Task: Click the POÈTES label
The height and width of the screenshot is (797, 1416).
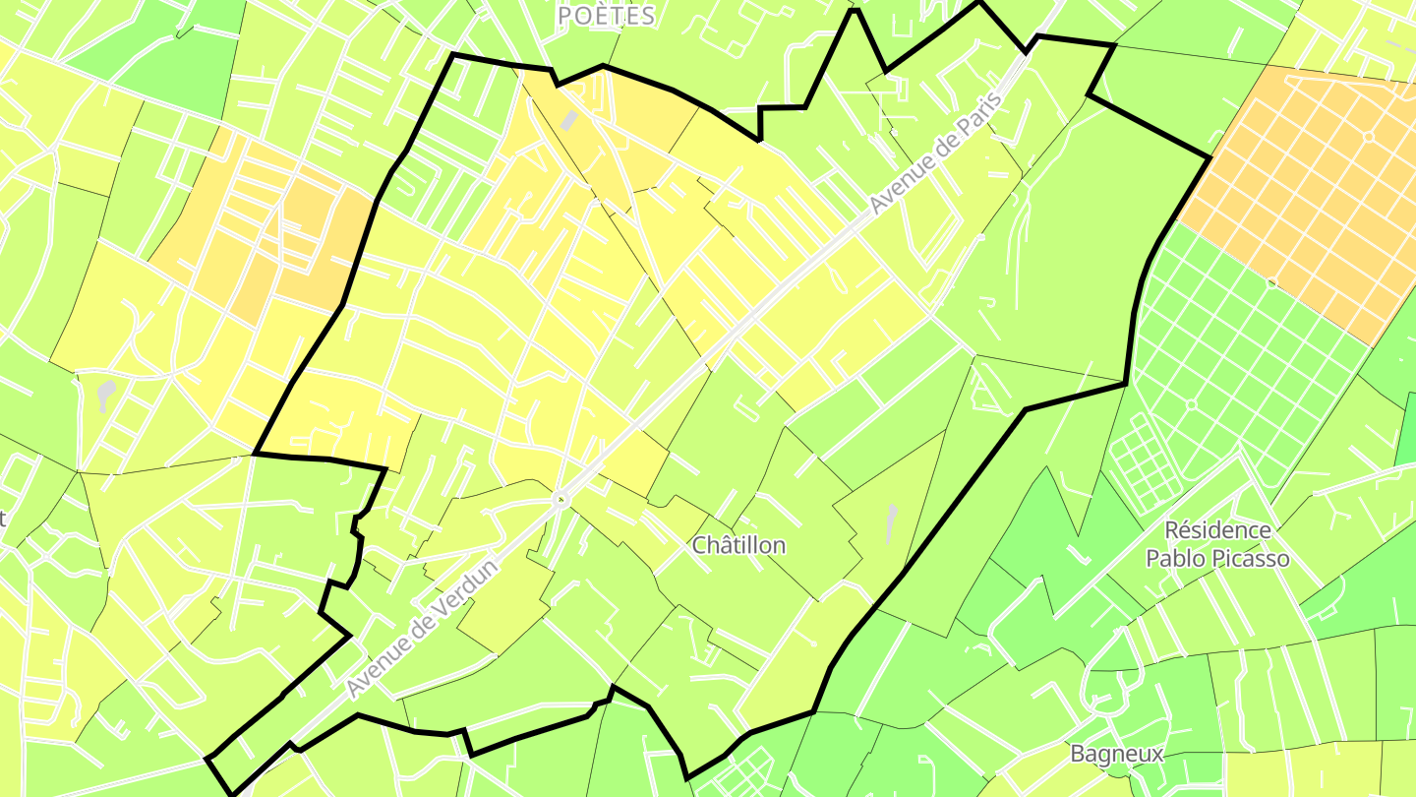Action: coord(606,16)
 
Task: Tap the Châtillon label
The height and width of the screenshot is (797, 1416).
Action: coord(739,545)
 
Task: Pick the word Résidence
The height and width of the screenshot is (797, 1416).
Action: coord(1217,530)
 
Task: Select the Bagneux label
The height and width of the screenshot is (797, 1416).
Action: coord(1117,755)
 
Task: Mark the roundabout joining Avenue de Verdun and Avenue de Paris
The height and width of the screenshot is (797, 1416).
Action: coord(561,500)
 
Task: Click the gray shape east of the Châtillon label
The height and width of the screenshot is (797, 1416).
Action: coord(891,522)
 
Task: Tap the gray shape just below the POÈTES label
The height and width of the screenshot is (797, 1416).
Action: coord(569,120)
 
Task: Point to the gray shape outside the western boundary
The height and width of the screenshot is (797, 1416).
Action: coord(106,395)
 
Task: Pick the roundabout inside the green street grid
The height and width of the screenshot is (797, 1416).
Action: coord(1192,404)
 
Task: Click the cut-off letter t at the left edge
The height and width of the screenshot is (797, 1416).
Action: coord(3,518)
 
